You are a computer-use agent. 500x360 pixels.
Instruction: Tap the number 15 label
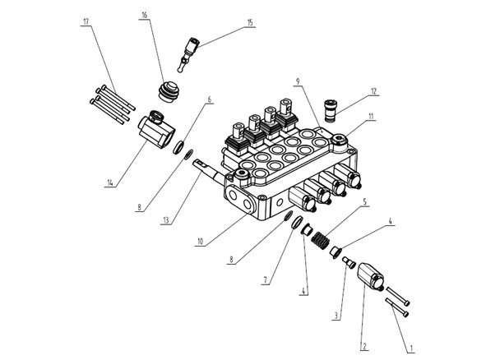pyautogui.click(x=250, y=23)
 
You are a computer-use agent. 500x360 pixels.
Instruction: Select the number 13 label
pyautogui.click(x=166, y=220)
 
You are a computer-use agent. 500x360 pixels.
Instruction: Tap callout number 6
pyautogui.click(x=209, y=100)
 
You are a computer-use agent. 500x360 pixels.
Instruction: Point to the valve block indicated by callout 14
pyautogui.click(x=155, y=130)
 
